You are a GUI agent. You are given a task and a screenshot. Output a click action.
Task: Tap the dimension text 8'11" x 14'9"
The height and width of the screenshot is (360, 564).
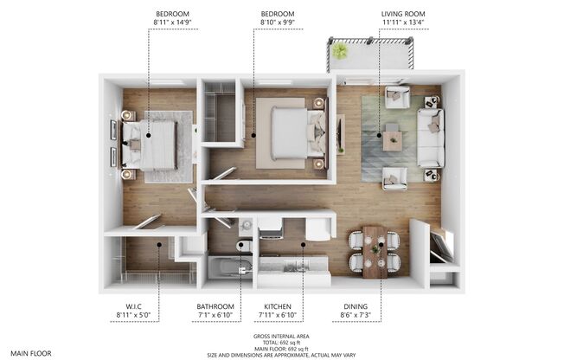coord(173,25)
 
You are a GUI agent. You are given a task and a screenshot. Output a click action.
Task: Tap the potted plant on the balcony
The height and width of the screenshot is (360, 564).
coord(340,51)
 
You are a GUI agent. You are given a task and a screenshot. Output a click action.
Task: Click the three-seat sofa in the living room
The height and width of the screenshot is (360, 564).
coord(430,138)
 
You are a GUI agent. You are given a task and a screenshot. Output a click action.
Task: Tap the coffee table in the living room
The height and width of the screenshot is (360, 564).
coord(392,138)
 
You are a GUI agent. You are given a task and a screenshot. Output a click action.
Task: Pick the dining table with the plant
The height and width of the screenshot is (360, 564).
coord(374,251)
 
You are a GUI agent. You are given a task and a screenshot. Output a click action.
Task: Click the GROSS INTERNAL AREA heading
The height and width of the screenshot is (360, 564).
coord(281,336)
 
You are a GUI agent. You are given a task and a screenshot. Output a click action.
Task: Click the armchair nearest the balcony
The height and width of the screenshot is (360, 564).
coord(397,98)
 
